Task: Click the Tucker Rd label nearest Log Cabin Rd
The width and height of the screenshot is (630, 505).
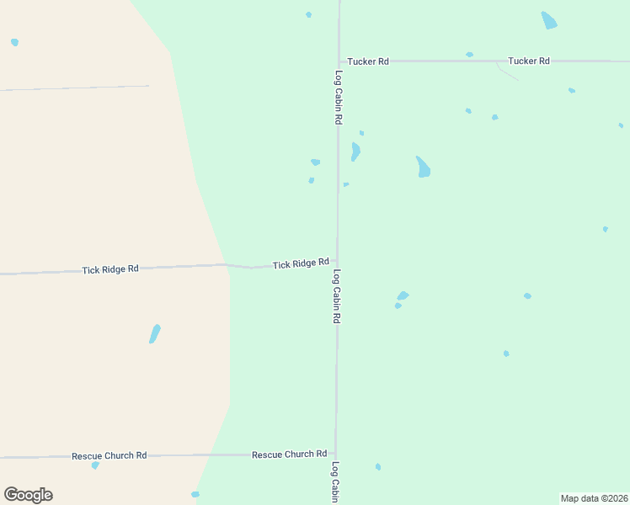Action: pyautogui.click(x=368, y=61)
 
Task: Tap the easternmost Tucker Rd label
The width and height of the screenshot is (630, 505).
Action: pyautogui.click(x=528, y=61)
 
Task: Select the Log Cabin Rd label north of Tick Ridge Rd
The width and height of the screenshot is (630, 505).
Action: pyautogui.click(x=338, y=98)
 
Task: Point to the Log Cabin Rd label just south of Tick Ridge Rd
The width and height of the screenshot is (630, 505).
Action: pyautogui.click(x=336, y=297)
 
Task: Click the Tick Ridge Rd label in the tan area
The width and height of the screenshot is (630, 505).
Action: pyautogui.click(x=110, y=269)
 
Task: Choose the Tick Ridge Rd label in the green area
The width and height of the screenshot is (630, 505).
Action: pyautogui.click(x=301, y=263)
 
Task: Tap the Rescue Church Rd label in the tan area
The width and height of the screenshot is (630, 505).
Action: pyautogui.click(x=109, y=455)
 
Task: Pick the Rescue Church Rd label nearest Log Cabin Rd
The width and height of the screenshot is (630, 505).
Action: pyautogui.click(x=289, y=454)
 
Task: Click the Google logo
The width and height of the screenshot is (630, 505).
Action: pyautogui.click(x=28, y=495)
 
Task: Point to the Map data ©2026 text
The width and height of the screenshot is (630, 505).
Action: pyautogui.click(x=595, y=497)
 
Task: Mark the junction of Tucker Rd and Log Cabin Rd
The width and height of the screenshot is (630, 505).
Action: pyautogui.click(x=339, y=61)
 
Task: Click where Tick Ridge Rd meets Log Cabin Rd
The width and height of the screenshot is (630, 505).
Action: pyautogui.click(x=338, y=262)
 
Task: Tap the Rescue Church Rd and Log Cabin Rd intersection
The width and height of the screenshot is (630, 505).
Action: pyautogui.click(x=336, y=454)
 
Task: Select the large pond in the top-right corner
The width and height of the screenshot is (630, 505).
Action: pyautogui.click(x=549, y=20)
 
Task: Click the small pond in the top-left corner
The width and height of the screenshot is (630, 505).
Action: pyautogui.click(x=14, y=42)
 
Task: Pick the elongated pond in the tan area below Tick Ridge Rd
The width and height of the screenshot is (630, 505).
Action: pyautogui.click(x=154, y=333)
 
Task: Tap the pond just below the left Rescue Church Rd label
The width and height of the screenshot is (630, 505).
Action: pyautogui.click(x=95, y=465)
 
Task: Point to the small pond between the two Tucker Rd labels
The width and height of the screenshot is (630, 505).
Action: pyautogui.click(x=469, y=55)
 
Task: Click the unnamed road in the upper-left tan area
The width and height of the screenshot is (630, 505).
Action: pyautogui.click(x=76, y=88)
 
